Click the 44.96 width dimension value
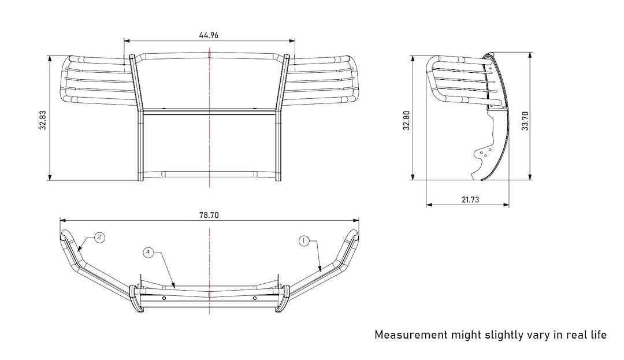pyautogui.click(x=209, y=35)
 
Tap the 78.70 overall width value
pyautogui.click(x=209, y=215)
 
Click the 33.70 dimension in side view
pyautogui.click(x=525, y=121)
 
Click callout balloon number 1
pyautogui.click(x=304, y=241)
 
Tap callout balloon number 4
pyautogui.click(x=148, y=253)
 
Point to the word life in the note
pyautogui.click(x=597, y=335)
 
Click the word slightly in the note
pyautogui.click(x=504, y=335)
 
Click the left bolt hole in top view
pyautogui.click(x=165, y=298)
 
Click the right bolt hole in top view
pyautogui.click(x=254, y=298)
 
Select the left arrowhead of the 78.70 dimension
pyautogui.click(x=62, y=220)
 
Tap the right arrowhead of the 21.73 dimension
pyautogui.click(x=507, y=205)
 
